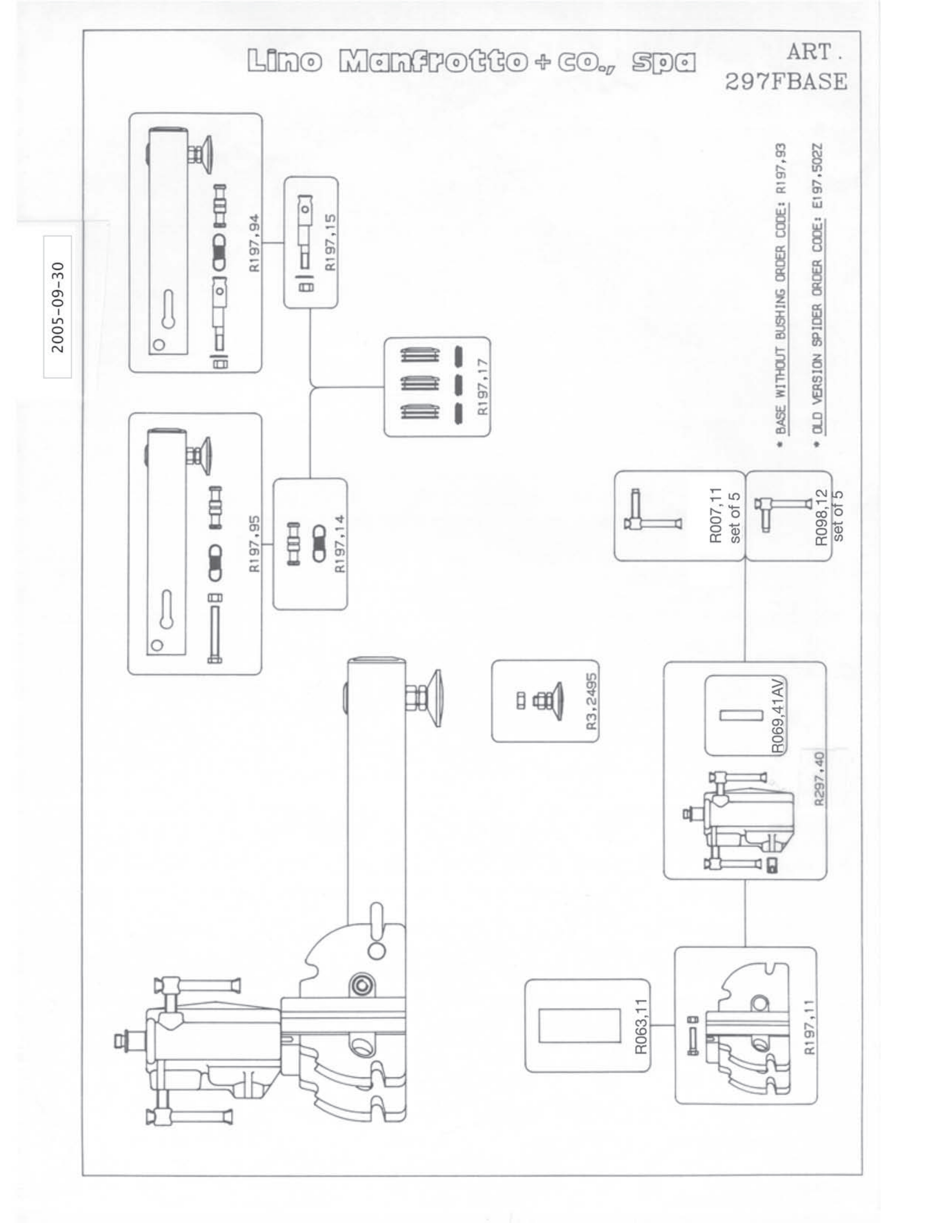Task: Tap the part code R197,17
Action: tap(483, 387)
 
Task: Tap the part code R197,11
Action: tap(809, 1027)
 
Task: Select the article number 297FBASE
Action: tap(786, 82)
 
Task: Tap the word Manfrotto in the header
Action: tap(432, 62)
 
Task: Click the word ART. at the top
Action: tap(814, 53)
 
